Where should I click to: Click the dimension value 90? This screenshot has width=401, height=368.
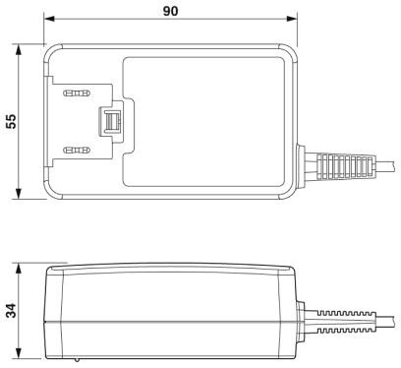(x=171, y=11)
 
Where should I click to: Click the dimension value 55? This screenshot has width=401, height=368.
(x=11, y=121)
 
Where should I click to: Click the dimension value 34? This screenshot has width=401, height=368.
(x=11, y=310)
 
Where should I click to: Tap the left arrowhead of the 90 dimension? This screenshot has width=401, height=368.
(x=49, y=19)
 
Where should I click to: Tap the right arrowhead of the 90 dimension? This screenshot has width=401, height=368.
(x=292, y=19)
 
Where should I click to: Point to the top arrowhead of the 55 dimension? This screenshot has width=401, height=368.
(x=19, y=50)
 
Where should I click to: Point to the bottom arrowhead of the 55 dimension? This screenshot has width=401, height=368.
(x=19, y=194)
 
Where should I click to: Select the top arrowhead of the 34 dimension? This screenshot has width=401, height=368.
(x=19, y=269)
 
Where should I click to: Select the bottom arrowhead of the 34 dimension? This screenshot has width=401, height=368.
(x=19, y=353)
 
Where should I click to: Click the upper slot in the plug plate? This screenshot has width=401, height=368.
(x=77, y=93)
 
